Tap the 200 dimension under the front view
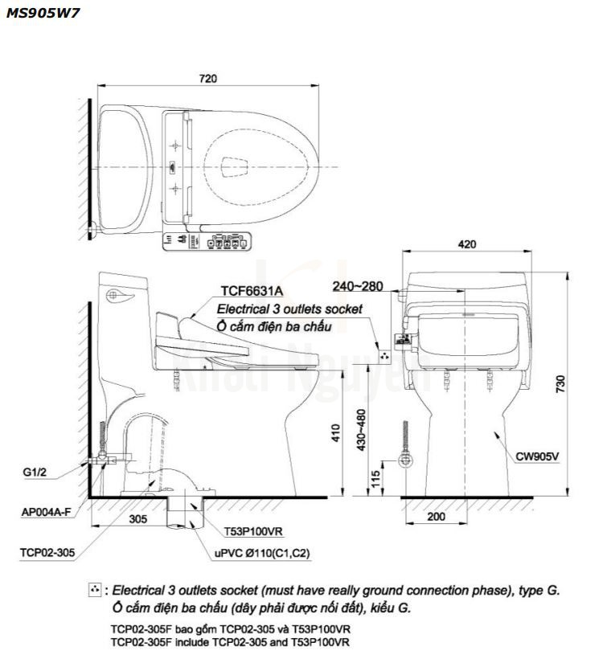click(x=436, y=517)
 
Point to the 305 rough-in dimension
click(x=137, y=519)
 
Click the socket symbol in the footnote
click(x=96, y=591)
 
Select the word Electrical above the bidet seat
click(x=241, y=309)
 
